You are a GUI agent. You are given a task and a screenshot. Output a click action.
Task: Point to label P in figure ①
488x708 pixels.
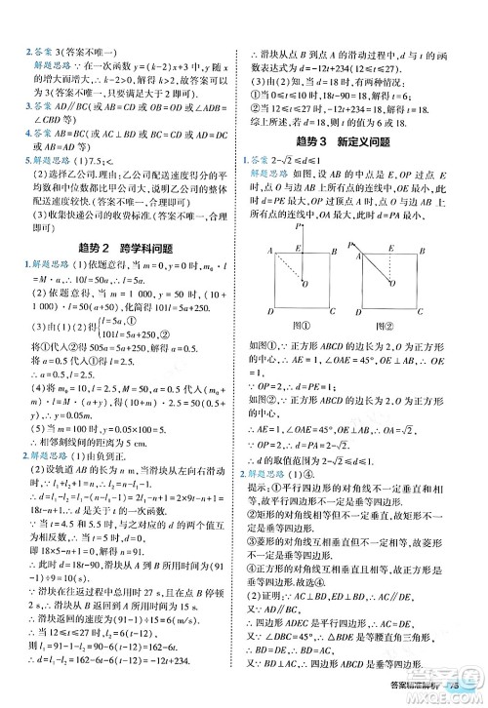299,225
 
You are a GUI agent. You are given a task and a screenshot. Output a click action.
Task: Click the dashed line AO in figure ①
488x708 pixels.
286,270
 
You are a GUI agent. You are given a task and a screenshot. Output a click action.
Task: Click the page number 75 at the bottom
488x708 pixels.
471,694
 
